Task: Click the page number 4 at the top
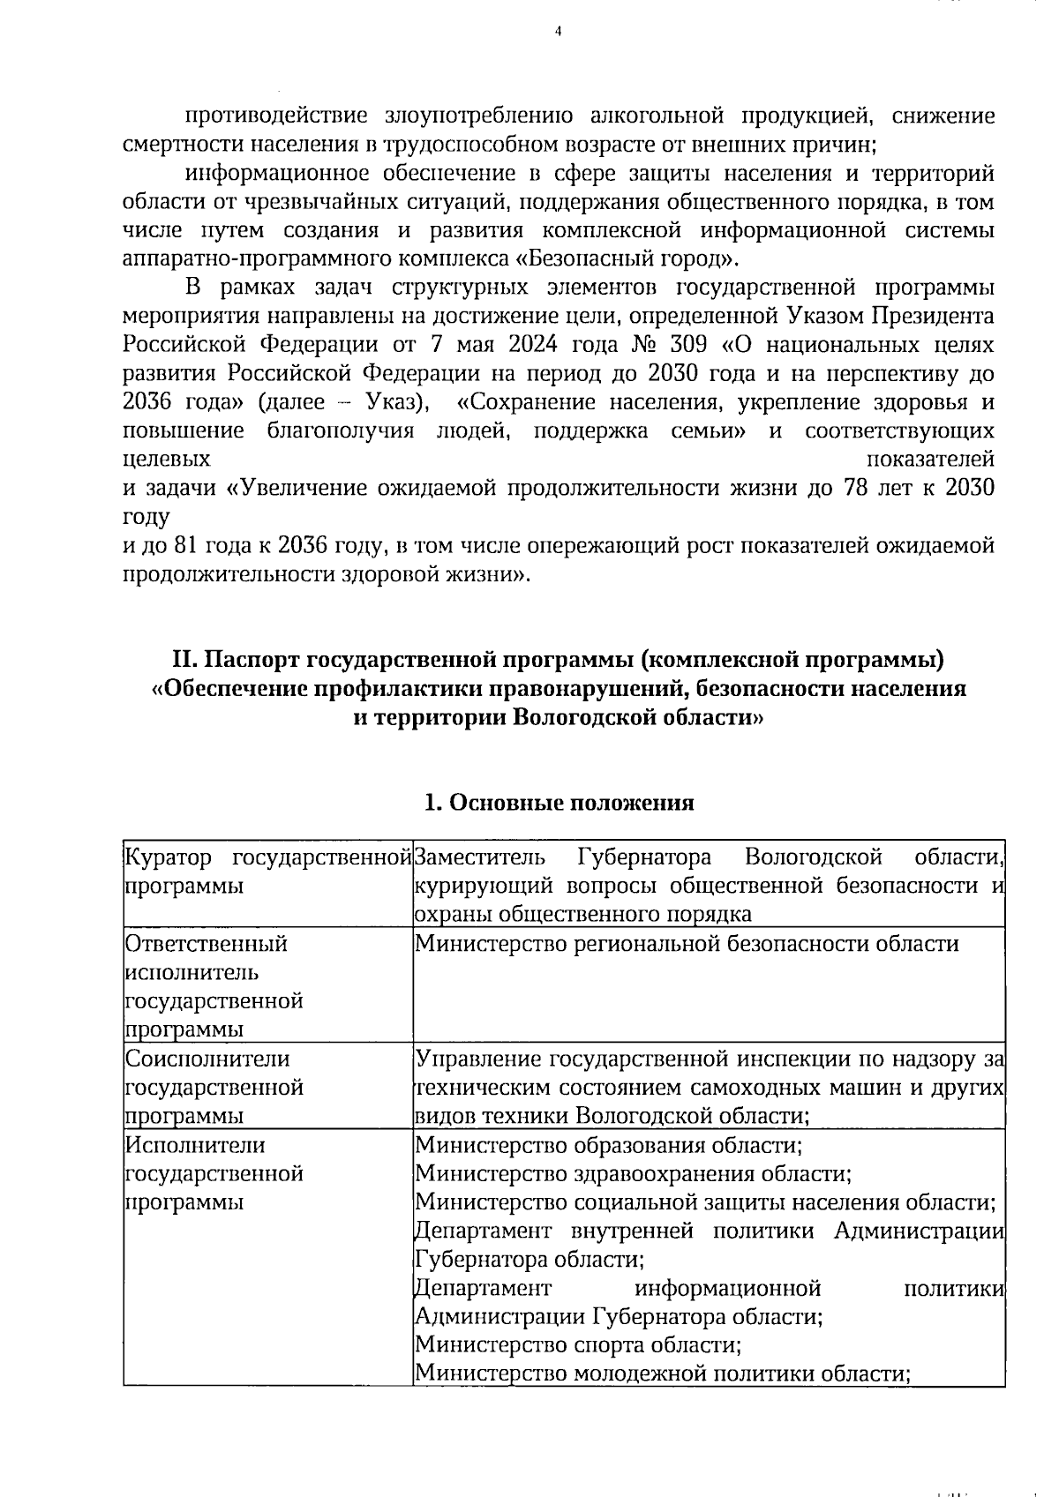tap(557, 32)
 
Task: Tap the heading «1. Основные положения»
tap(559, 803)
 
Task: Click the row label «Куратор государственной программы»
tap(267, 871)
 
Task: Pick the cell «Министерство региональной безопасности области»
tap(687, 944)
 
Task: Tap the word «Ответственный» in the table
tap(207, 944)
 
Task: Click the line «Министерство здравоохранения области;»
tap(633, 1174)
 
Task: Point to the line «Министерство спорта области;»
tap(577, 1345)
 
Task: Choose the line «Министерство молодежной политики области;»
tap(662, 1374)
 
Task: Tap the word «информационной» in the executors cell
tap(728, 1289)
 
